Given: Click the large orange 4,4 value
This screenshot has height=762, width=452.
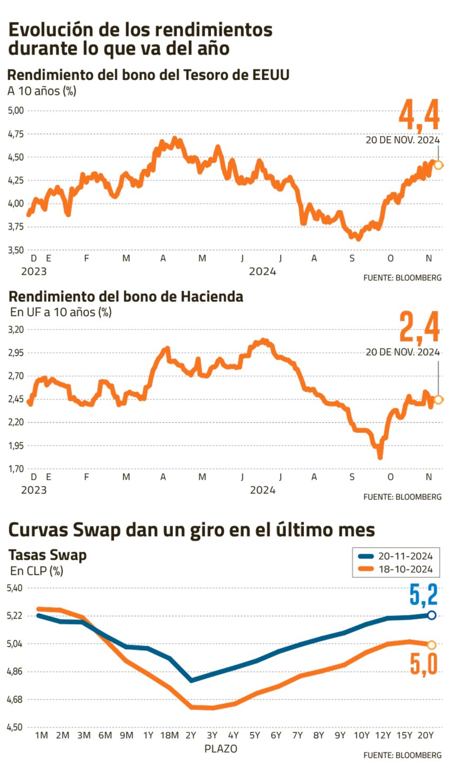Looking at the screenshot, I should tap(419, 115).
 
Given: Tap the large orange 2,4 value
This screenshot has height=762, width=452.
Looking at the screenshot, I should tap(419, 328).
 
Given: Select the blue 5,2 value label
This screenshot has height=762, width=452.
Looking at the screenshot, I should tap(423, 594).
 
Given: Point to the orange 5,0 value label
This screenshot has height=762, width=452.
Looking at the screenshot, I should tap(423, 665).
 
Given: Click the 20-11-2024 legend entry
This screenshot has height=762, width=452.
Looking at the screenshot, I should tap(395, 556).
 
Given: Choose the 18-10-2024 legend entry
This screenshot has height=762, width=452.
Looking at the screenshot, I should tap(395, 569).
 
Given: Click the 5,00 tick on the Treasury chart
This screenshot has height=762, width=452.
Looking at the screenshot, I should tap(16, 111).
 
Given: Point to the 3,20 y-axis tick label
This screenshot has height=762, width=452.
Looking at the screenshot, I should tap(16, 329).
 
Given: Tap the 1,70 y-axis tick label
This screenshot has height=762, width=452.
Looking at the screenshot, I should tap(16, 468).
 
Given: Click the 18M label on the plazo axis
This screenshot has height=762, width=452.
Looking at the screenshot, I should tap(169, 736).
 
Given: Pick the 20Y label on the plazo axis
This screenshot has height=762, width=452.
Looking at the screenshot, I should tap(426, 736).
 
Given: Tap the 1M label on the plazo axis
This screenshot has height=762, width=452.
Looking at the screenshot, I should tap(41, 736).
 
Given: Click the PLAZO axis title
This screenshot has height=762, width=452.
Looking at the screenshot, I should tap(220, 749).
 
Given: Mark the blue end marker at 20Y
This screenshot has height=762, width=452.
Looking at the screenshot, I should tap(431, 615).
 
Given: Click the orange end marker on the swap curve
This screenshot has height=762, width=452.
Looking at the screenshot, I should tap(431, 645).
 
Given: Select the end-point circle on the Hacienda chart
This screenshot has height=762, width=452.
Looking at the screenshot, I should tap(438, 400).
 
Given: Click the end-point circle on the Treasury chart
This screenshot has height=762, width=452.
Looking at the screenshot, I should tap(438, 165).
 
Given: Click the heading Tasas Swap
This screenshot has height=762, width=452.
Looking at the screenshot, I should tap(48, 555).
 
